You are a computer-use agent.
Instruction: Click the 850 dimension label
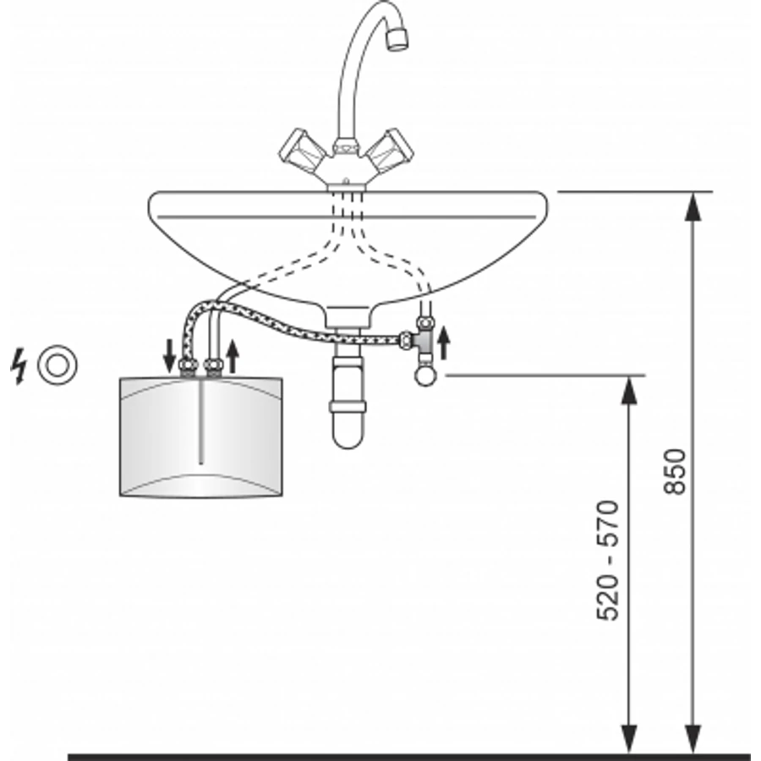pyautogui.click(x=675, y=472)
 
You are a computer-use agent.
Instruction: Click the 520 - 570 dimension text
pyautogui.click(x=608, y=561)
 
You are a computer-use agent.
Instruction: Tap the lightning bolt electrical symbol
pyautogui.click(x=18, y=366)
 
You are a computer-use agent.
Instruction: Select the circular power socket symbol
pyautogui.click(x=57, y=365)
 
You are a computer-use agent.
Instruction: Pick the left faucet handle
pyautogui.click(x=303, y=151)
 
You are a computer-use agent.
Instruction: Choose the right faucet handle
pyautogui.click(x=390, y=151)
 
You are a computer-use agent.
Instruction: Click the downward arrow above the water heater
pyautogui.click(x=169, y=356)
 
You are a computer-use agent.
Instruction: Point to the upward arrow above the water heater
pyautogui.click(x=233, y=356)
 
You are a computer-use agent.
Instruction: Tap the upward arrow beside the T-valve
pyautogui.click(x=443, y=342)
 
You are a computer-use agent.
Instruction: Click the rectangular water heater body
pyautogui.click(x=201, y=436)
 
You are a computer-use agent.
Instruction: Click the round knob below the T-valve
pyautogui.click(x=425, y=376)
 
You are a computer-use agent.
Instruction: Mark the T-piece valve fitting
pyautogui.click(x=420, y=340)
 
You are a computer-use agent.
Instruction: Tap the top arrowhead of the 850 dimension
pyautogui.click(x=693, y=206)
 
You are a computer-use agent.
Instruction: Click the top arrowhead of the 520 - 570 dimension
pyautogui.click(x=629, y=390)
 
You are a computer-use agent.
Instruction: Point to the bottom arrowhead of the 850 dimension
pyautogui.click(x=693, y=739)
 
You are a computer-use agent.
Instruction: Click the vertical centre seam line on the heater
pyautogui.click(x=201, y=421)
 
